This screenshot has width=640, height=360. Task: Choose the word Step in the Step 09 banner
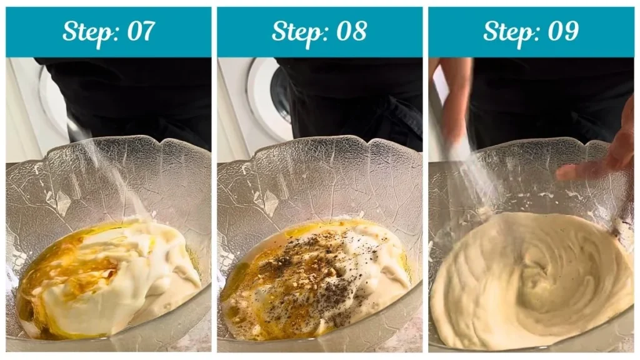click(507, 31)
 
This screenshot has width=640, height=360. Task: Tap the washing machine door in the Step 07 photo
click(53, 100)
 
